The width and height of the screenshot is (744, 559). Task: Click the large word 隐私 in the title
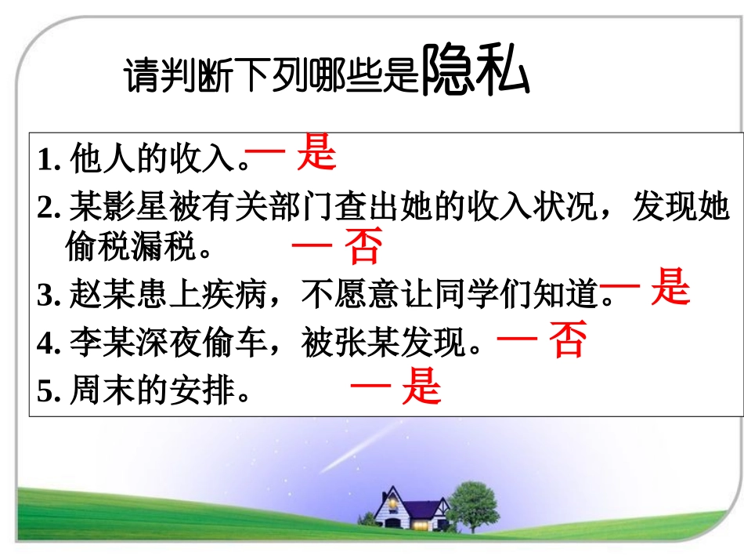[475, 73]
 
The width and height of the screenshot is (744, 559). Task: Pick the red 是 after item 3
[670, 287]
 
